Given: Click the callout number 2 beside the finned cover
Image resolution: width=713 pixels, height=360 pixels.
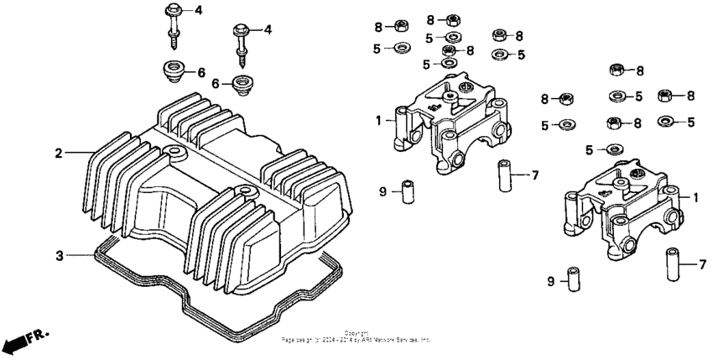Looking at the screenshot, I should pos(59,153).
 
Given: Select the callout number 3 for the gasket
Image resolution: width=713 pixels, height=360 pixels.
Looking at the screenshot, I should pos(59,254).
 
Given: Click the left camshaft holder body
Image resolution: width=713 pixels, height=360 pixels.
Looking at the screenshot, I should pos(449,126).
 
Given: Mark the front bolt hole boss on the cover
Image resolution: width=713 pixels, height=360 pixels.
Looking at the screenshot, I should pos(244,194).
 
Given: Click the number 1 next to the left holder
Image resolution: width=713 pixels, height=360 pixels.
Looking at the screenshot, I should pos(379,119).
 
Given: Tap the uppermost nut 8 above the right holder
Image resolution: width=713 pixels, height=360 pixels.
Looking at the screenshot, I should pos(617,69).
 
